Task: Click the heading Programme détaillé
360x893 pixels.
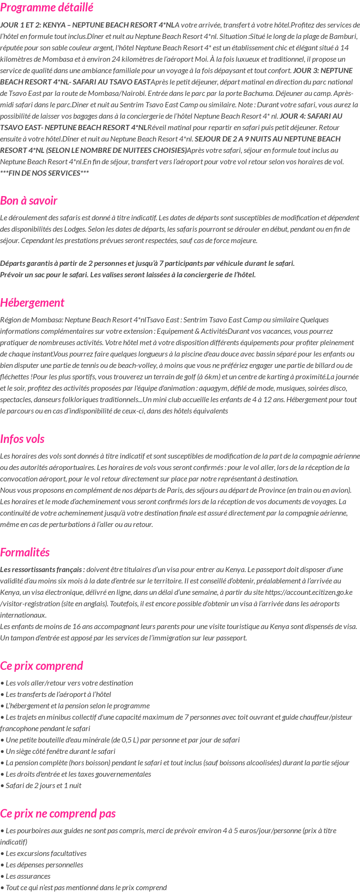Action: point(47,8)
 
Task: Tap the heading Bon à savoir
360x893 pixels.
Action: point(28,200)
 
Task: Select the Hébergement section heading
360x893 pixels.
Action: point(32,302)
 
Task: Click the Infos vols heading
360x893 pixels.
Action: point(22,439)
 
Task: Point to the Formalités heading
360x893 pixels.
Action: point(25,552)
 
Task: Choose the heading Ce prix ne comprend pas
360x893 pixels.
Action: point(58,813)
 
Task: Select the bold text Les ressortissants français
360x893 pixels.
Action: point(42,569)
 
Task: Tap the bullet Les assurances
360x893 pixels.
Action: point(28,876)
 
